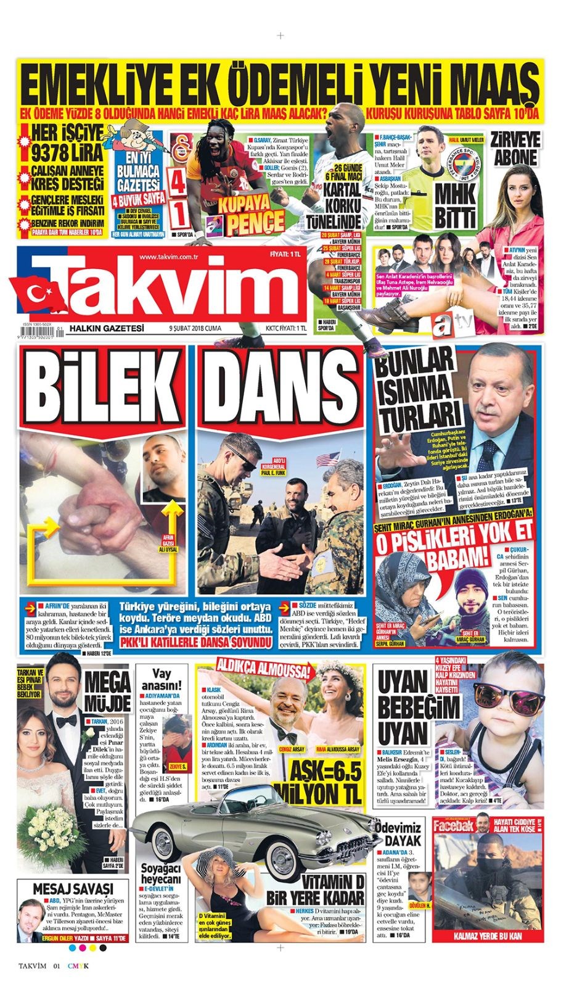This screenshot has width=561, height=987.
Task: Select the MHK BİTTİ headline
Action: click(454, 205)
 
